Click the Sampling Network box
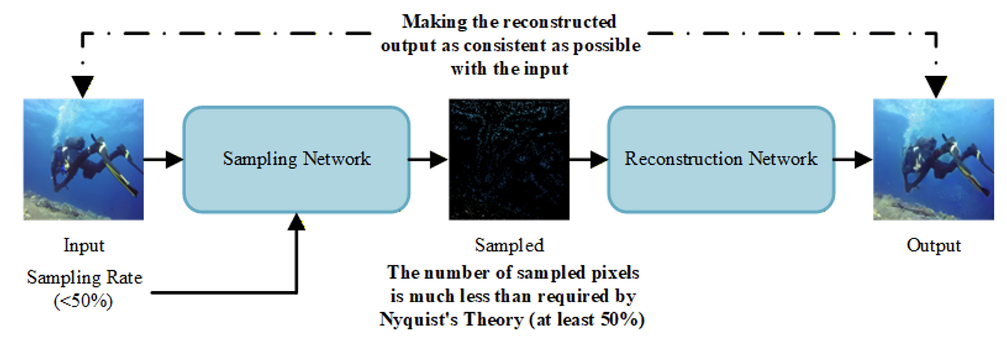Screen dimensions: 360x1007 pyautogui.click(x=296, y=159)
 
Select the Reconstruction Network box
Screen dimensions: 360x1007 pyautogui.click(x=721, y=159)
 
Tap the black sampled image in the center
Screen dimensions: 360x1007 pyautogui.click(x=509, y=159)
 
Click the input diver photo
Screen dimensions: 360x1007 pyautogui.click(x=84, y=159)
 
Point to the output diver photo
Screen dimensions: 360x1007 pyautogui.click(x=933, y=159)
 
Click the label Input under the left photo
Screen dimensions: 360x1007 pyautogui.click(x=84, y=245)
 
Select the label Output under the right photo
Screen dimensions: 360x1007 pyautogui.click(x=933, y=245)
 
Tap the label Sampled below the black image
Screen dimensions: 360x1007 pyautogui.click(x=509, y=245)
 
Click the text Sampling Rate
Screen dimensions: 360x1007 pyautogui.click(x=84, y=278)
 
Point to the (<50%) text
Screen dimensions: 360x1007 pyautogui.click(x=83, y=301)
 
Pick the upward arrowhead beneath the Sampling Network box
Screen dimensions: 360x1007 pyautogui.click(x=296, y=222)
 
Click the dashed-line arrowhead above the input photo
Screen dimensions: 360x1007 pyautogui.click(x=82, y=86)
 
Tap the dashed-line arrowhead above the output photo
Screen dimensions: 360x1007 pyautogui.click(x=936, y=86)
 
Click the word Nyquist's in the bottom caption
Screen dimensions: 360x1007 pyautogui.click(x=419, y=320)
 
